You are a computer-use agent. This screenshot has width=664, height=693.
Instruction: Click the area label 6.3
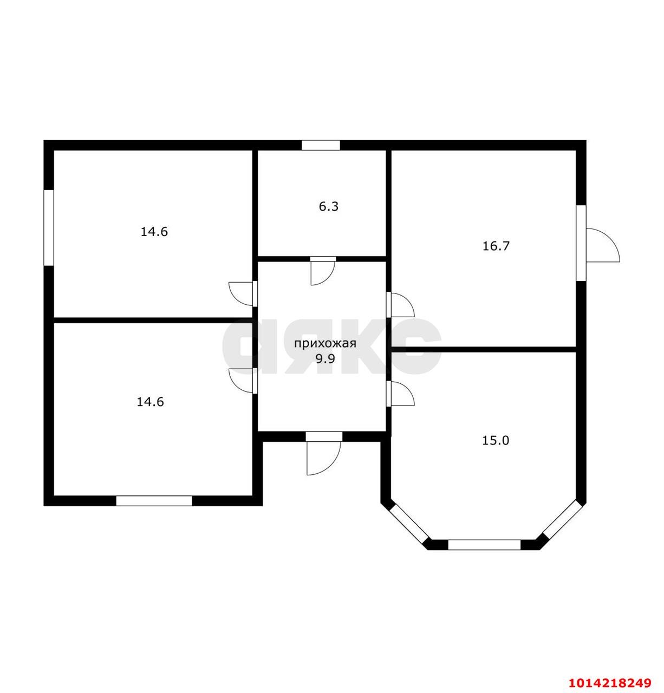(328, 206)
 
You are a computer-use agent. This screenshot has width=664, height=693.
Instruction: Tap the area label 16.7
(496, 246)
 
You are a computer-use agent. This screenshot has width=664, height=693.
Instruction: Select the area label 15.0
(495, 441)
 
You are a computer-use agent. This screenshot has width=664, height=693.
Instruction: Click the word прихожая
(325, 344)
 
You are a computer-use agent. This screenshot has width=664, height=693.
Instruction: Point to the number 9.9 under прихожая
(326, 358)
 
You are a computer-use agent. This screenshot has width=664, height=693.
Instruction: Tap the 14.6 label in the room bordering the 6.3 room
(154, 232)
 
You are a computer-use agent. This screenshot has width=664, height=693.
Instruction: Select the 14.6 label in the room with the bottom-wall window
(151, 402)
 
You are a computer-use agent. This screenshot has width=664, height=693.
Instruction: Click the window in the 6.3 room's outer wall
(320, 145)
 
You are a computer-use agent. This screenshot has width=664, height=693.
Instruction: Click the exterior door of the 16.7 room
(598, 245)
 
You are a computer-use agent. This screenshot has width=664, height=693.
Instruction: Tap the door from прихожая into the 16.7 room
(400, 304)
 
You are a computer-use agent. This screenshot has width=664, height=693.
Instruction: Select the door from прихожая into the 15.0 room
(400, 393)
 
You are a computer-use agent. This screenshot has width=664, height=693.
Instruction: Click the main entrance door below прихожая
(323, 453)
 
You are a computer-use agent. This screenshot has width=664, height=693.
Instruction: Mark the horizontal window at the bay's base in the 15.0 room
(484, 545)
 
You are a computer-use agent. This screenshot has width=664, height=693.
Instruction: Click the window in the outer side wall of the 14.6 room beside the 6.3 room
(48, 227)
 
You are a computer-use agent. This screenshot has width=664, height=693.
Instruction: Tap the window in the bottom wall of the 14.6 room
(154, 501)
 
